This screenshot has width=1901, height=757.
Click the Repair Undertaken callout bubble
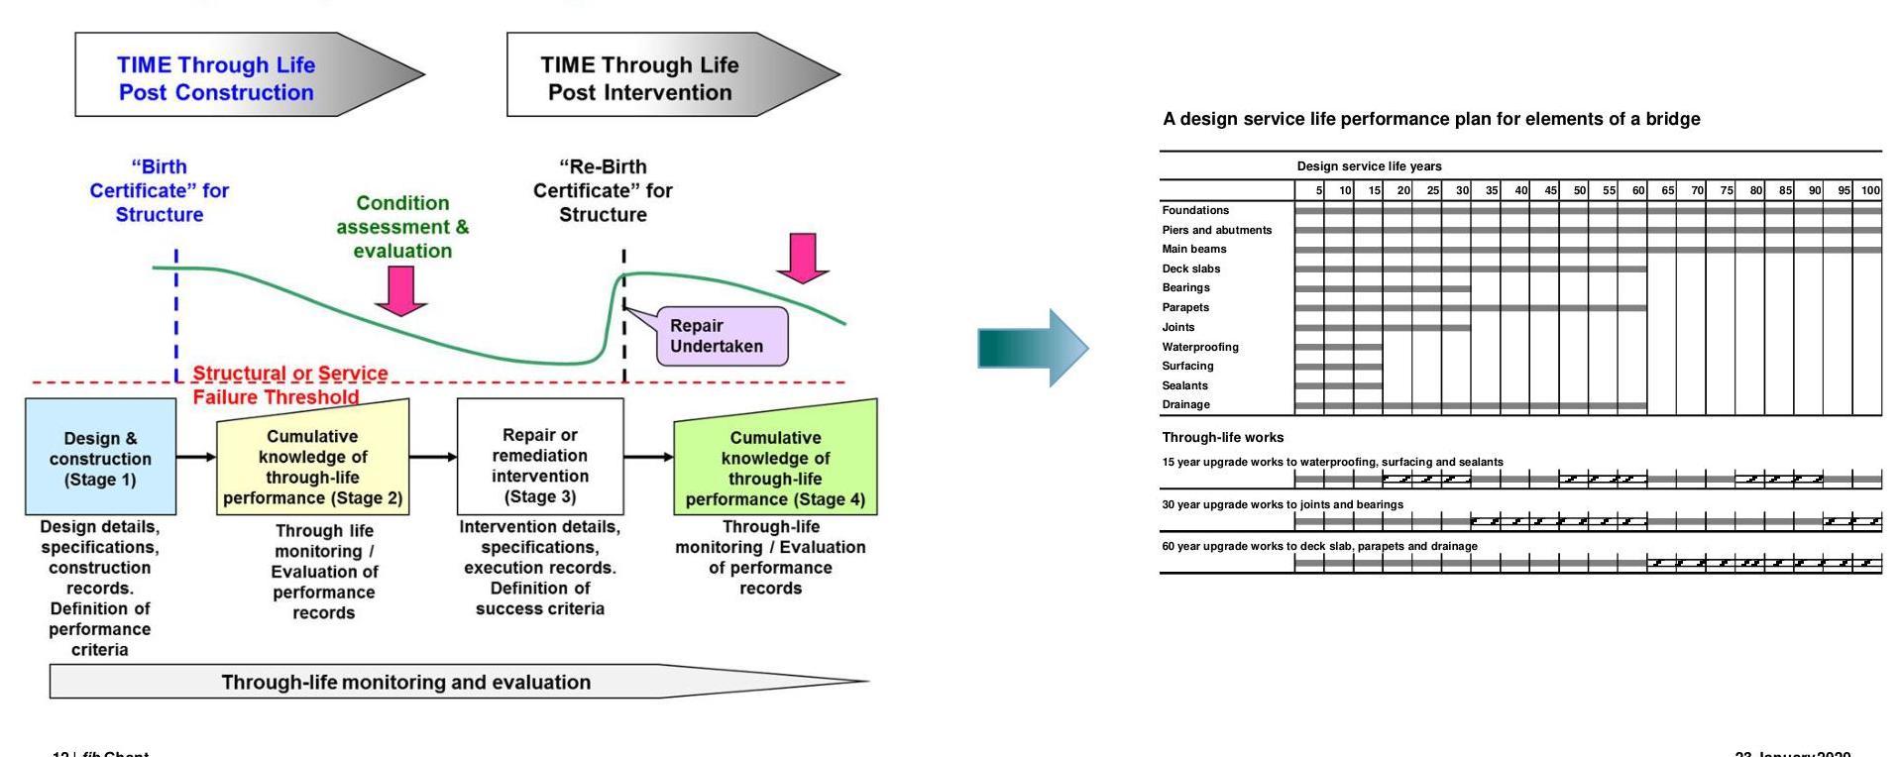722,337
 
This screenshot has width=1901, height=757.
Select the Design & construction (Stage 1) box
100,458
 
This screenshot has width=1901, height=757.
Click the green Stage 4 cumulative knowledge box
775,462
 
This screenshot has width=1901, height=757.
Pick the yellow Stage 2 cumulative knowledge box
312,462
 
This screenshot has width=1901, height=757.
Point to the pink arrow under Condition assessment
400,290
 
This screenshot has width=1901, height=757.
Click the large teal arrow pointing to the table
1033,348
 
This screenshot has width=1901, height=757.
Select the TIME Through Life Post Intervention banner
654,75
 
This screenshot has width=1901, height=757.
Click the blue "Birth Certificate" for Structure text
160,190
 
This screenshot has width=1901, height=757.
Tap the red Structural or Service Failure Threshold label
288,385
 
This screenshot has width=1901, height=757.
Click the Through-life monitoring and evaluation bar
406,682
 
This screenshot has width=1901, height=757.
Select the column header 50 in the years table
1579,190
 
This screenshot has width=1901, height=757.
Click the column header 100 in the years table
1869,190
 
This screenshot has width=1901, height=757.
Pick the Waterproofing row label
1200,347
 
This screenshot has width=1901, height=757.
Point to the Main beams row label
1194,249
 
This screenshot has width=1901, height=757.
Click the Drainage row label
1186,404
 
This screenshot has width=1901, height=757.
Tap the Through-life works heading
1222,437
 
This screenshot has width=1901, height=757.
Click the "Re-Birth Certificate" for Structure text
603,190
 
